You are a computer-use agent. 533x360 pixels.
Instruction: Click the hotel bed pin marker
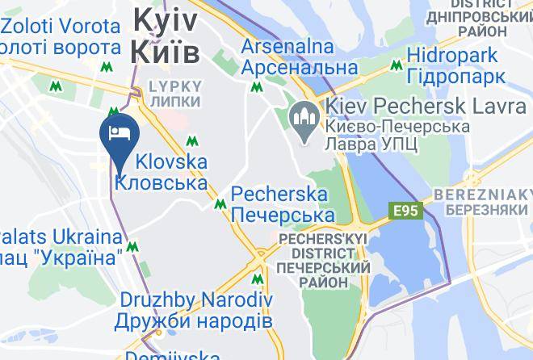click(120, 132)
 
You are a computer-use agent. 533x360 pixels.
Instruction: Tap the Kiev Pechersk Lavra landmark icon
click(305, 123)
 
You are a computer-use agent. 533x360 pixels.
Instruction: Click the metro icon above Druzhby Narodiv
click(258, 280)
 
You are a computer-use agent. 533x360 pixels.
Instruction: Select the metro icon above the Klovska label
click(192, 141)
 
